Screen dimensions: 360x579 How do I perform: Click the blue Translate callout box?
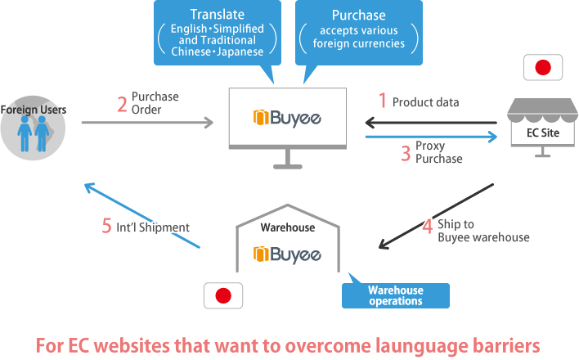pyautogui.click(x=216, y=34)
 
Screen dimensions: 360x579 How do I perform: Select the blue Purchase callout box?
pyautogui.click(x=359, y=33)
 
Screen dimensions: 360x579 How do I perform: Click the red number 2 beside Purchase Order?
pyautogui.click(x=122, y=104)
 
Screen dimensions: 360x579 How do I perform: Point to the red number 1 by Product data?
pyautogui.click(x=381, y=101)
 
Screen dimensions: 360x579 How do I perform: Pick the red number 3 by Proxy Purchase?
pyautogui.click(x=405, y=152)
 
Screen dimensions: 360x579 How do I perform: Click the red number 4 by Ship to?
pyautogui.click(x=427, y=227)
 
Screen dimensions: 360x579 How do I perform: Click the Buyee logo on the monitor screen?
pyautogui.click(x=286, y=118)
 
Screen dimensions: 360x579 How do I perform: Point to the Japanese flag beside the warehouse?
pyautogui.click(x=223, y=296)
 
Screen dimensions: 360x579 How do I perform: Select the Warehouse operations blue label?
pyautogui.click(x=396, y=295)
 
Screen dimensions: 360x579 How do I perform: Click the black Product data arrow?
pyautogui.click(x=431, y=124)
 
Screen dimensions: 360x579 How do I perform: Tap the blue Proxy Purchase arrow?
pyautogui.click(x=431, y=138)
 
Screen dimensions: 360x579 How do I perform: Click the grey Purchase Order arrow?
pyautogui.click(x=147, y=124)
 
